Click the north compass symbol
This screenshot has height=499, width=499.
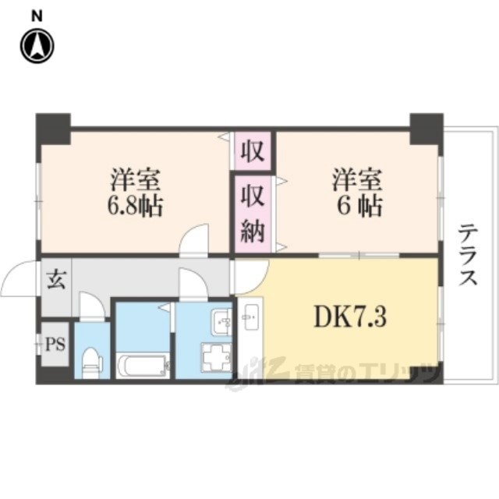37,46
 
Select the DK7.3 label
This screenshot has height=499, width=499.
349,318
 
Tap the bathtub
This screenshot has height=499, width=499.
142,365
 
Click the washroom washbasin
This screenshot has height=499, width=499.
221,320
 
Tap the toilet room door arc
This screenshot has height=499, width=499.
92,306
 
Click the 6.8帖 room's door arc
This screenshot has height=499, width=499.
195,239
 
